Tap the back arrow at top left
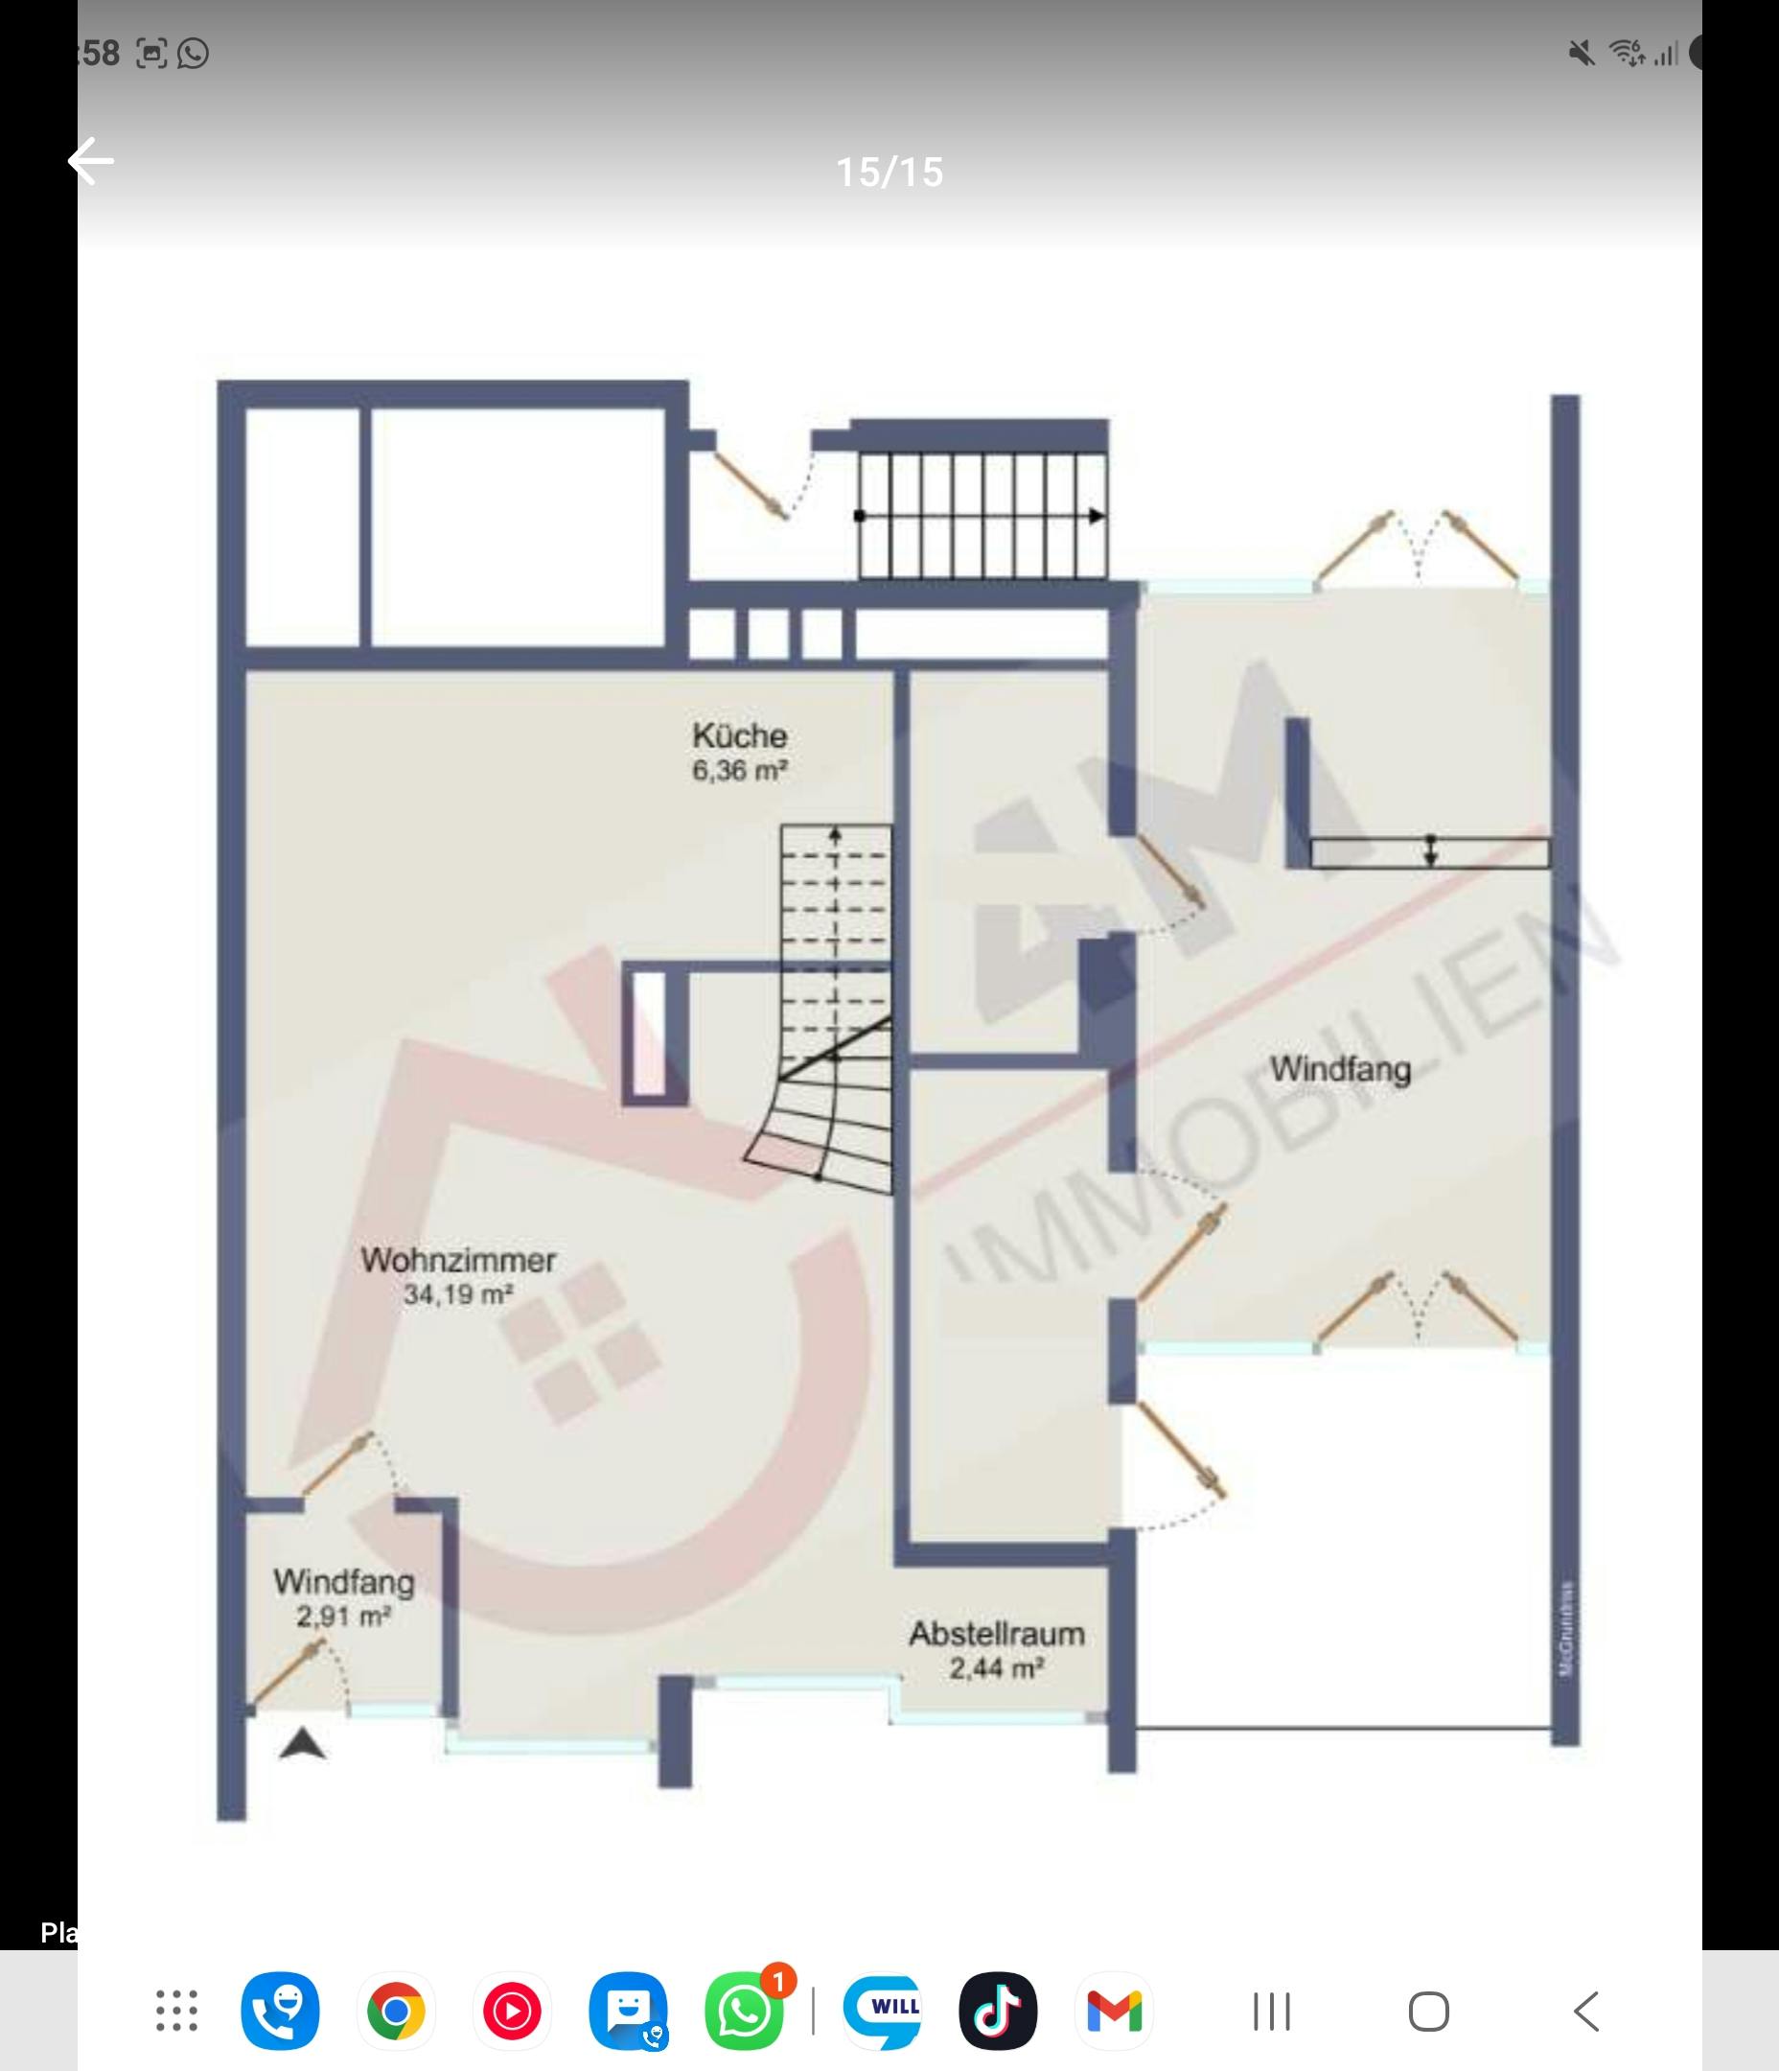click(91, 161)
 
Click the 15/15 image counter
click(889, 172)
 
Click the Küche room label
click(739, 735)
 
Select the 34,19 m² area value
click(458, 1295)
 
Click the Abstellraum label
click(997, 1634)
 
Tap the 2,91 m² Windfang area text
click(343, 1617)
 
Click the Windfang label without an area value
click(1340, 1068)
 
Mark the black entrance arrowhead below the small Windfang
click(302, 1745)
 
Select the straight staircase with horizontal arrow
click(982, 516)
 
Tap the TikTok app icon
click(997, 2010)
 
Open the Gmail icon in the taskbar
click(1114, 2010)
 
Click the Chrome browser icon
click(396, 2010)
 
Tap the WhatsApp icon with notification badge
click(745, 2010)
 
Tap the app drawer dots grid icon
click(177, 2010)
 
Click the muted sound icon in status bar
click(1582, 53)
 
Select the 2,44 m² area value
click(997, 1668)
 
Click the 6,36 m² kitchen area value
click(739, 771)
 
